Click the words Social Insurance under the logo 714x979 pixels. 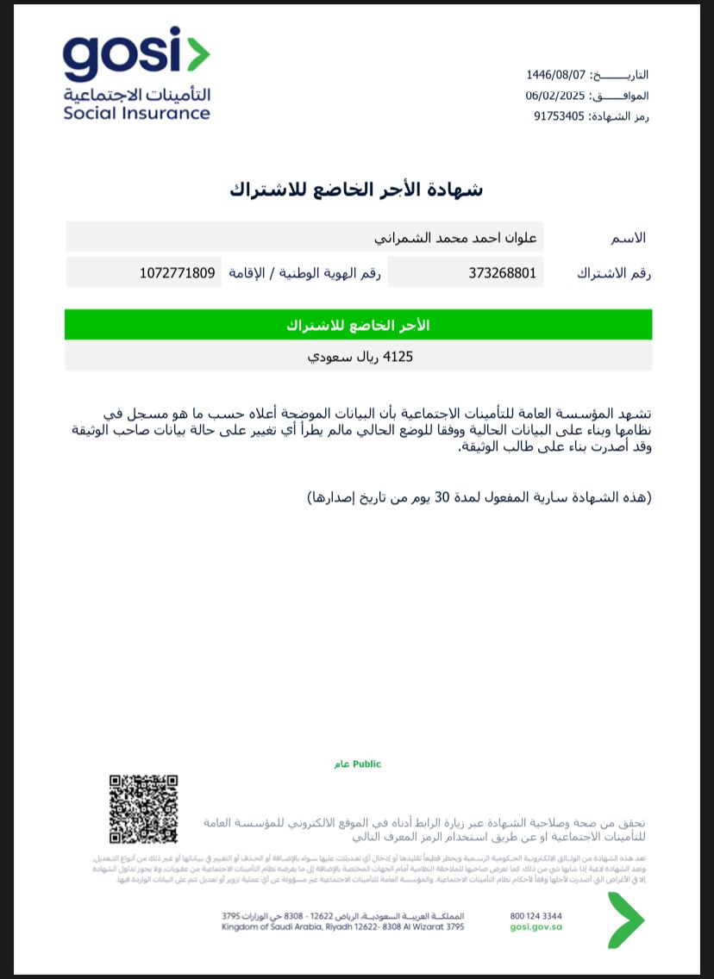136,113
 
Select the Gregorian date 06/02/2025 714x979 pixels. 555,96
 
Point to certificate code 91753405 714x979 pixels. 561,116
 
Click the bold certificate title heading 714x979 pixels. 356,190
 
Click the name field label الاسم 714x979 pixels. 627,238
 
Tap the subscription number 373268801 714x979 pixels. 503,273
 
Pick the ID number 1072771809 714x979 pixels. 177,273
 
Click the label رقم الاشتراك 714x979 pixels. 613,273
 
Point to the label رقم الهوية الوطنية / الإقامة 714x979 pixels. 304,273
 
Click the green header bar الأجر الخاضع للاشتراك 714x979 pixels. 358,325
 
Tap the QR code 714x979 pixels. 143,809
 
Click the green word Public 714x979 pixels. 366,764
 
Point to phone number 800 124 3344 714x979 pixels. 535,916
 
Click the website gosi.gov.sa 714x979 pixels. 535,927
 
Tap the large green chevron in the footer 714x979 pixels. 625,920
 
